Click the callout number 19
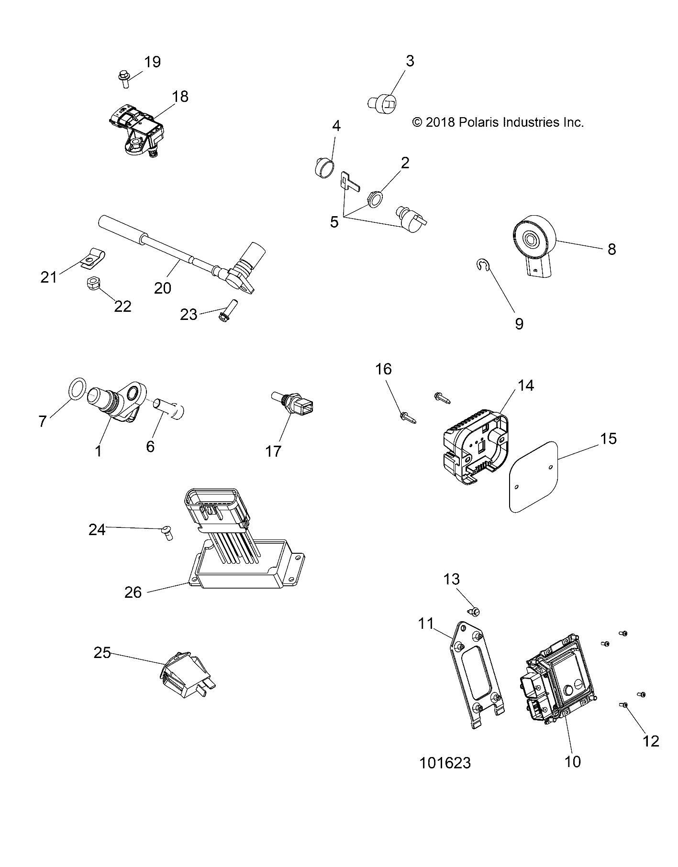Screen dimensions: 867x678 pos(153,62)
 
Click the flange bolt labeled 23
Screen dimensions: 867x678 pos(225,311)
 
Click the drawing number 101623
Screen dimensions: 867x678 pos(445,763)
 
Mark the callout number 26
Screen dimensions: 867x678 pos(133,592)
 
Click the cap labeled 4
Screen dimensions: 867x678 pos(323,168)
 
